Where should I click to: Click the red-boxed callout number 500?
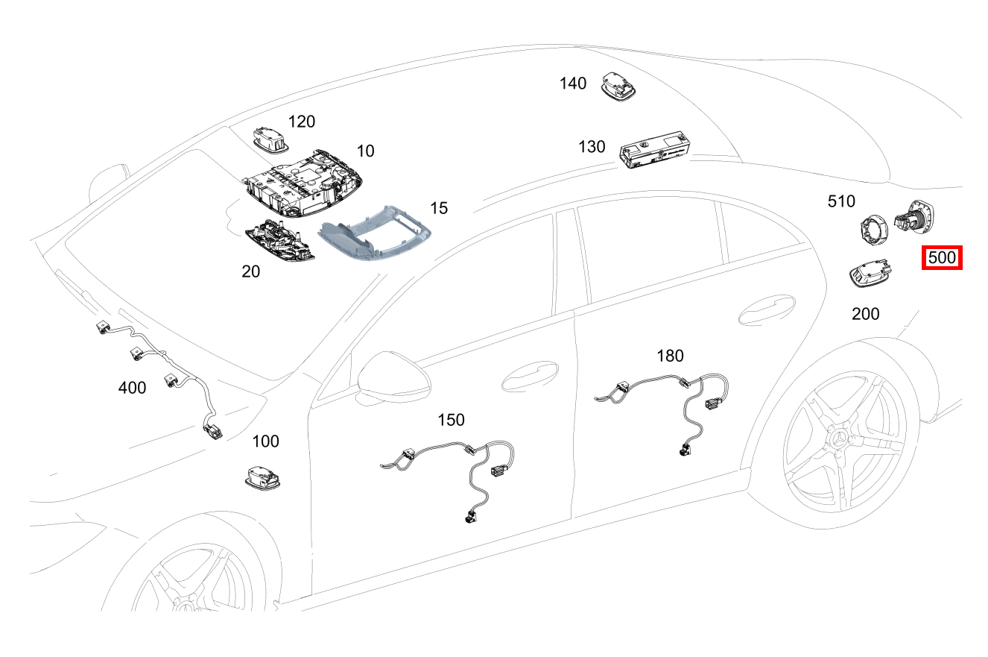942,259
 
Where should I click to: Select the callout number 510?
841,201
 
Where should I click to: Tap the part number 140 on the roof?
573,84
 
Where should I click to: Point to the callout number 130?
592,147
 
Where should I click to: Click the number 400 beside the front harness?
133,388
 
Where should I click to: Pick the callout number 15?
439,208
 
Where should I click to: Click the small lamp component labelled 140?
618,84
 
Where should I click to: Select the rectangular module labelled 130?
653,148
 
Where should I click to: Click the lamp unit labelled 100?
263,476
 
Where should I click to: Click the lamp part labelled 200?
869,274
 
